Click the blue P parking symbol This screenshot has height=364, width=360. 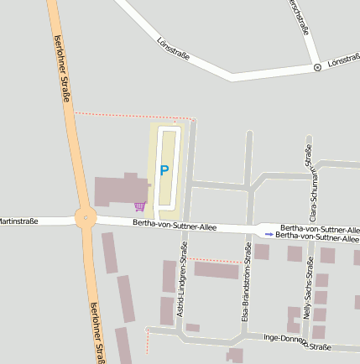coord(164,170)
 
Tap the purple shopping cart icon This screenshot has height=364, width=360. coord(139,205)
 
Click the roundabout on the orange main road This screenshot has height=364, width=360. coord(85,218)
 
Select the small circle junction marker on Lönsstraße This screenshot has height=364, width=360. coord(317,67)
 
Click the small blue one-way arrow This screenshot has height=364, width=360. coord(269,235)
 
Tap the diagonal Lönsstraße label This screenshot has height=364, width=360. coord(174,49)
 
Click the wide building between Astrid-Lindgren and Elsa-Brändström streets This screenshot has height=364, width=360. coord(217,270)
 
